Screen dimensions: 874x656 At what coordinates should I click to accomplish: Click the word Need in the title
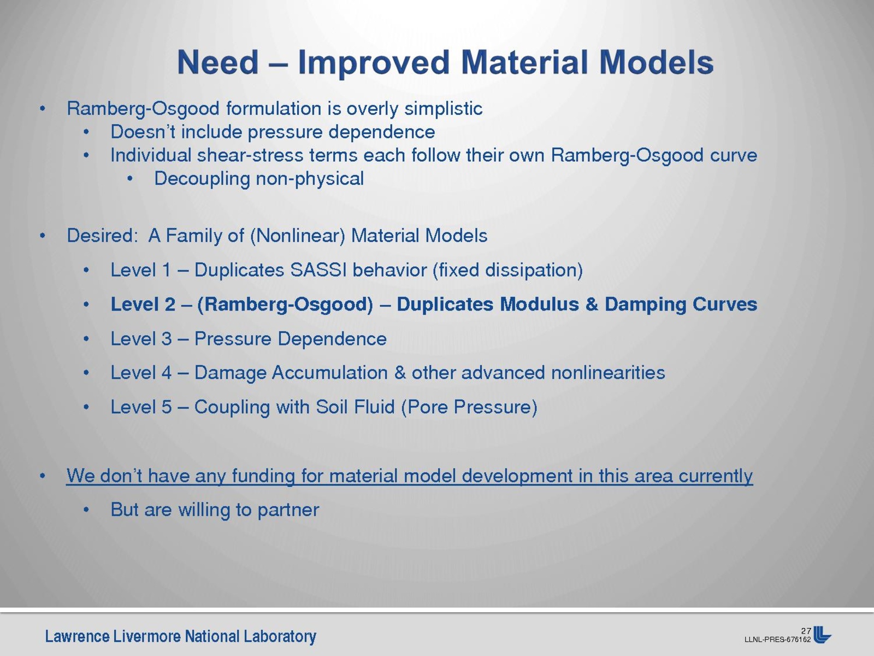tap(218, 62)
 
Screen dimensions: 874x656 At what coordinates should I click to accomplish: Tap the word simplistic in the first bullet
tap(444, 108)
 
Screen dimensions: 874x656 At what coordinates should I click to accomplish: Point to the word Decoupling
tap(202, 179)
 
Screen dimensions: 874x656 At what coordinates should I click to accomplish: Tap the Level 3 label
tap(141, 339)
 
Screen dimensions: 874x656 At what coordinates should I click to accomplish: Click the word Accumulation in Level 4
tap(330, 373)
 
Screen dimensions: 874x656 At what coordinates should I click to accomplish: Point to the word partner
tap(288, 511)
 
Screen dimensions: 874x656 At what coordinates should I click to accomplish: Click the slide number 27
tap(806, 630)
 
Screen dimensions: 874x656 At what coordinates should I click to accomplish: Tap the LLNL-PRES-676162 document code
tap(777, 639)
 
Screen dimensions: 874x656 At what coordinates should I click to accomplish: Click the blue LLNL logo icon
tap(822, 635)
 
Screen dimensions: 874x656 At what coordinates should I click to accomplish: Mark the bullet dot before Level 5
tap(86, 407)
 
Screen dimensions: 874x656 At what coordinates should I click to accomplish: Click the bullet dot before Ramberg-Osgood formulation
tap(42, 109)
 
